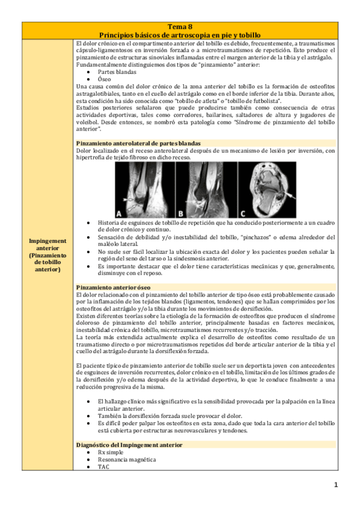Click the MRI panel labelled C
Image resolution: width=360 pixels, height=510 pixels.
point(265,189)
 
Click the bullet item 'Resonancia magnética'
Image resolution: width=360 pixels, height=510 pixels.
point(126,459)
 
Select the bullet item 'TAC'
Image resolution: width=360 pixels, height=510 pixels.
point(103,466)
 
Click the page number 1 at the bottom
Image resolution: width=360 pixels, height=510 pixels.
point(337,485)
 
